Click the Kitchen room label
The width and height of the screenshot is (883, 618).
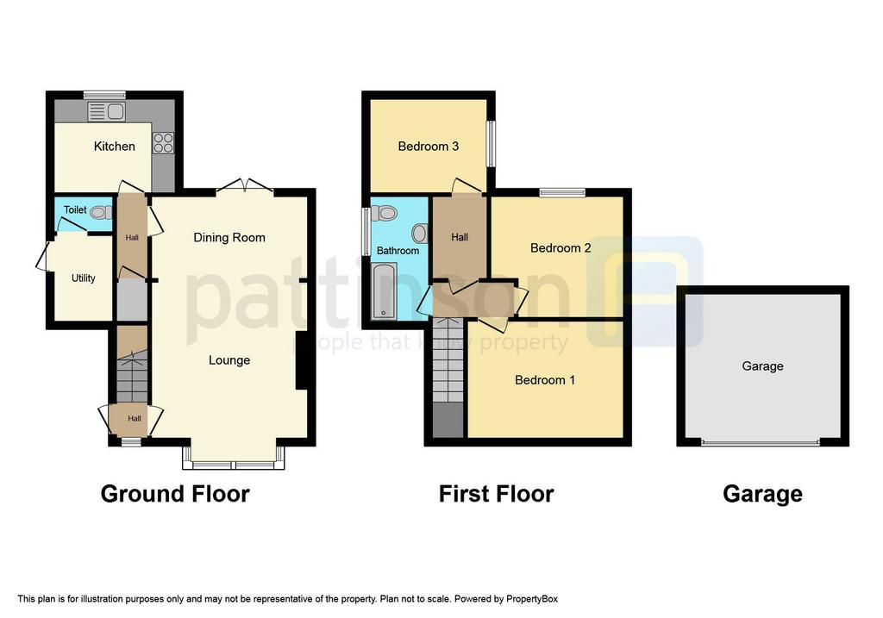pyautogui.click(x=115, y=147)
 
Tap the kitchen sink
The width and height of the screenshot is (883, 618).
pyautogui.click(x=106, y=111)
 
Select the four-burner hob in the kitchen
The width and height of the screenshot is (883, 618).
pyautogui.click(x=163, y=143)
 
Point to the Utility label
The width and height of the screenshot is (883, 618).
pyautogui.click(x=84, y=278)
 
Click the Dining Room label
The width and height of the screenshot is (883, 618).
pyautogui.click(x=229, y=238)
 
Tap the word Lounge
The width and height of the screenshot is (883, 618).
pyautogui.click(x=229, y=360)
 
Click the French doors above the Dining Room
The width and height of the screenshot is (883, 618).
pyautogui.click(x=245, y=186)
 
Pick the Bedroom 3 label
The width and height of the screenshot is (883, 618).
pyautogui.click(x=428, y=147)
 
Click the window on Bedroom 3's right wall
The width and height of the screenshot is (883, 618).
pyautogui.click(x=491, y=144)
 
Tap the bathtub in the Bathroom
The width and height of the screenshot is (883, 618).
pyautogui.click(x=384, y=291)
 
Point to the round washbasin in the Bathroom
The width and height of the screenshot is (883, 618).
pyautogui.click(x=420, y=233)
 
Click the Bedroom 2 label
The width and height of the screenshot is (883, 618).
pyautogui.click(x=560, y=248)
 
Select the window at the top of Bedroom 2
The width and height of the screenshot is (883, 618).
pyautogui.click(x=562, y=192)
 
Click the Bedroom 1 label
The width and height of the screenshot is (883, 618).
pyautogui.click(x=545, y=380)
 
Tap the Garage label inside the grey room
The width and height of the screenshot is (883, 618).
pyautogui.click(x=762, y=366)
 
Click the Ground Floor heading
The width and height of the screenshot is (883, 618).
pyautogui.click(x=175, y=494)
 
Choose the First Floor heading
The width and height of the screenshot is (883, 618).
pyautogui.click(x=496, y=494)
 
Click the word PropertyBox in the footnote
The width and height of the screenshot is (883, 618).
pyautogui.click(x=531, y=599)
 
